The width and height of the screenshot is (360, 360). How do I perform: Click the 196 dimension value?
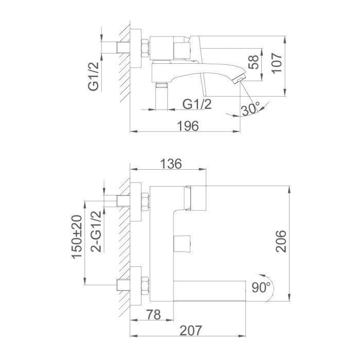point(188,126)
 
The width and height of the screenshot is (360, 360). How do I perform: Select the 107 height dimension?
point(277,63)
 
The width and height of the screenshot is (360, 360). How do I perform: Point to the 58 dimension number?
point(254,62)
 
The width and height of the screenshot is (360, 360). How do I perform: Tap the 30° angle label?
point(250,109)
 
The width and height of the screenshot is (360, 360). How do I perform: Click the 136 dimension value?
point(171,164)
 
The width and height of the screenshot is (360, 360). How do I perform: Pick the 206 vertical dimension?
point(281,241)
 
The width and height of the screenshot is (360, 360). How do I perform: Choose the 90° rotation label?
point(261,287)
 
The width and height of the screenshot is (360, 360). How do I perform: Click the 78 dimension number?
point(154,315)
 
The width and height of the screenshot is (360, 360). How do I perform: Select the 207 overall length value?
point(191,330)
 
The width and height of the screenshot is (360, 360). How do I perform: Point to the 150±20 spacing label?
point(77,237)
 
